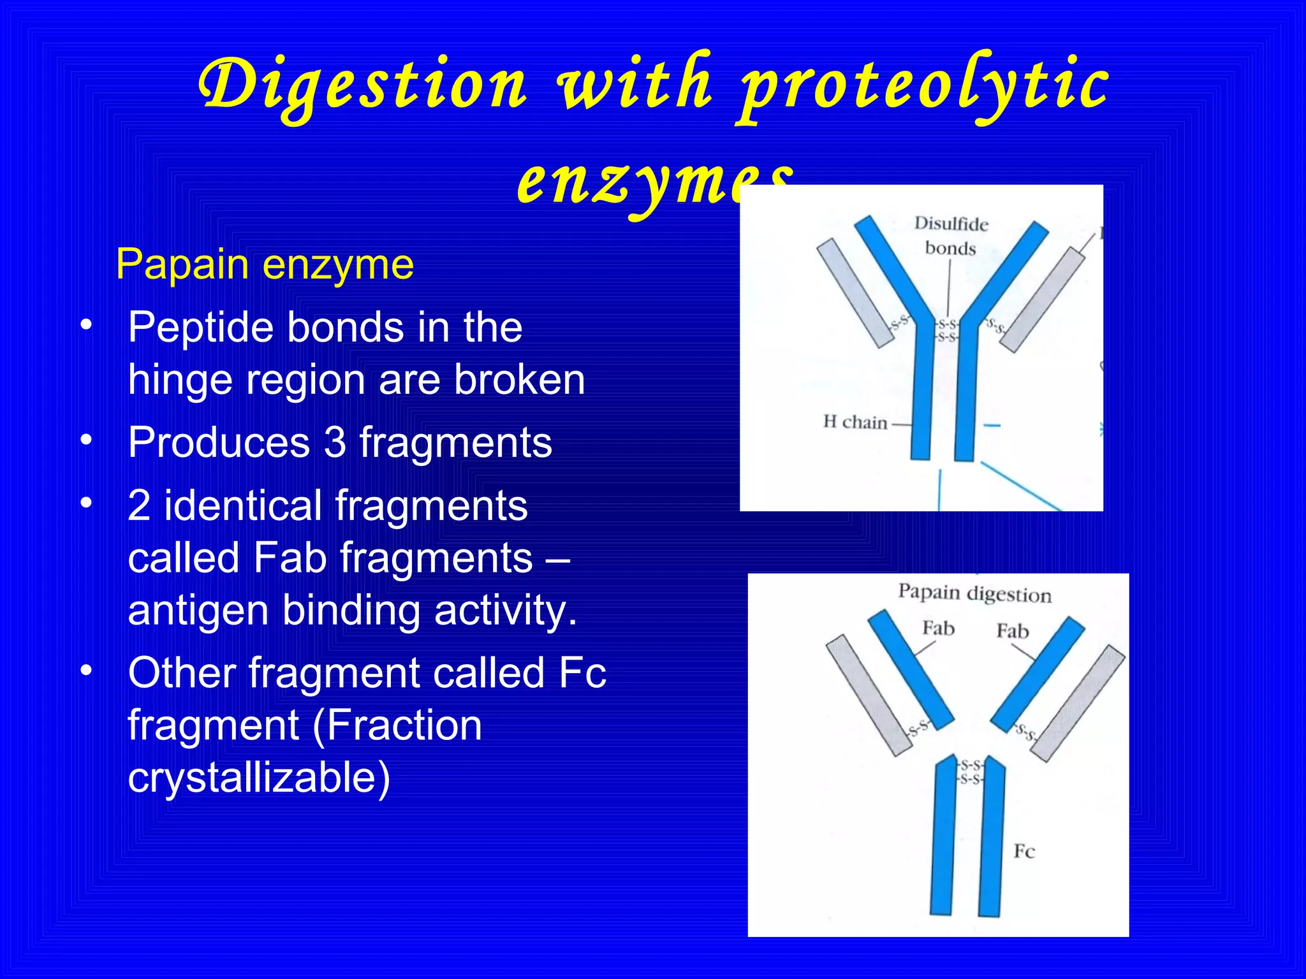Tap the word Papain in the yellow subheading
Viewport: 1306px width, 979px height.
tap(182, 265)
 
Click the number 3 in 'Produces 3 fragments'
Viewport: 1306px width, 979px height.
tap(335, 442)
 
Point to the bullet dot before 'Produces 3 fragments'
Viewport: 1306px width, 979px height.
tap(87, 440)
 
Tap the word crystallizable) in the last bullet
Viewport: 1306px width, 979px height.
tap(259, 778)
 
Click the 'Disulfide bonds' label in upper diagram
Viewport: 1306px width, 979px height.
tap(951, 236)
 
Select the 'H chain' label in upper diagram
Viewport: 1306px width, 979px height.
tap(855, 422)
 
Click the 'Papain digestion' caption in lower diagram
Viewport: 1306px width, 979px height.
tap(974, 593)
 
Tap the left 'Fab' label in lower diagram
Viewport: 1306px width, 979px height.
tap(938, 628)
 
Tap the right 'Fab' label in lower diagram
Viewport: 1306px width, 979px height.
tap(1013, 631)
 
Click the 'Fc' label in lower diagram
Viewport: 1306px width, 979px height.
tap(1024, 852)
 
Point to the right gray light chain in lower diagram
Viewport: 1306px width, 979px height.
tap(1078, 702)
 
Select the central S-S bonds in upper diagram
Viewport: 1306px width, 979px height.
tap(947, 331)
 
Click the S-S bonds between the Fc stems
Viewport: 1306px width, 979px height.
tap(971, 772)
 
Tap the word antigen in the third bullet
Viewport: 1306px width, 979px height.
tap(198, 610)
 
